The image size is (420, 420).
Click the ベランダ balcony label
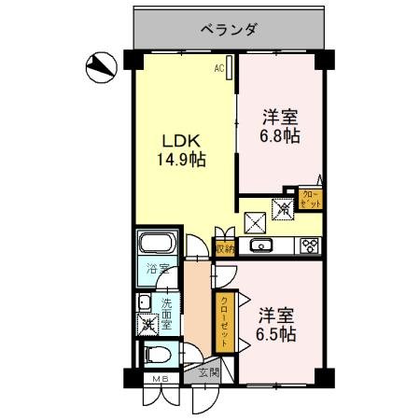(x=228, y=28)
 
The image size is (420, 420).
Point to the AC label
(x=218, y=67)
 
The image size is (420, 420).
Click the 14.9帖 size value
(x=181, y=160)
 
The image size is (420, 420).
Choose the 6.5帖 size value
(x=276, y=333)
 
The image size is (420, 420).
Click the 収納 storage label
(x=224, y=248)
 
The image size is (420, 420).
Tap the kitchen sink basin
(x=260, y=247)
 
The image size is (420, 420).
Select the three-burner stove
(x=308, y=247)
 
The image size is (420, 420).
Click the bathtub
(x=155, y=248)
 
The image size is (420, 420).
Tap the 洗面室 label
(x=167, y=315)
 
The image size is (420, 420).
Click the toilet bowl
(x=156, y=356)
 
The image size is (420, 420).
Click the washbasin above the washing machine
(x=144, y=302)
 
